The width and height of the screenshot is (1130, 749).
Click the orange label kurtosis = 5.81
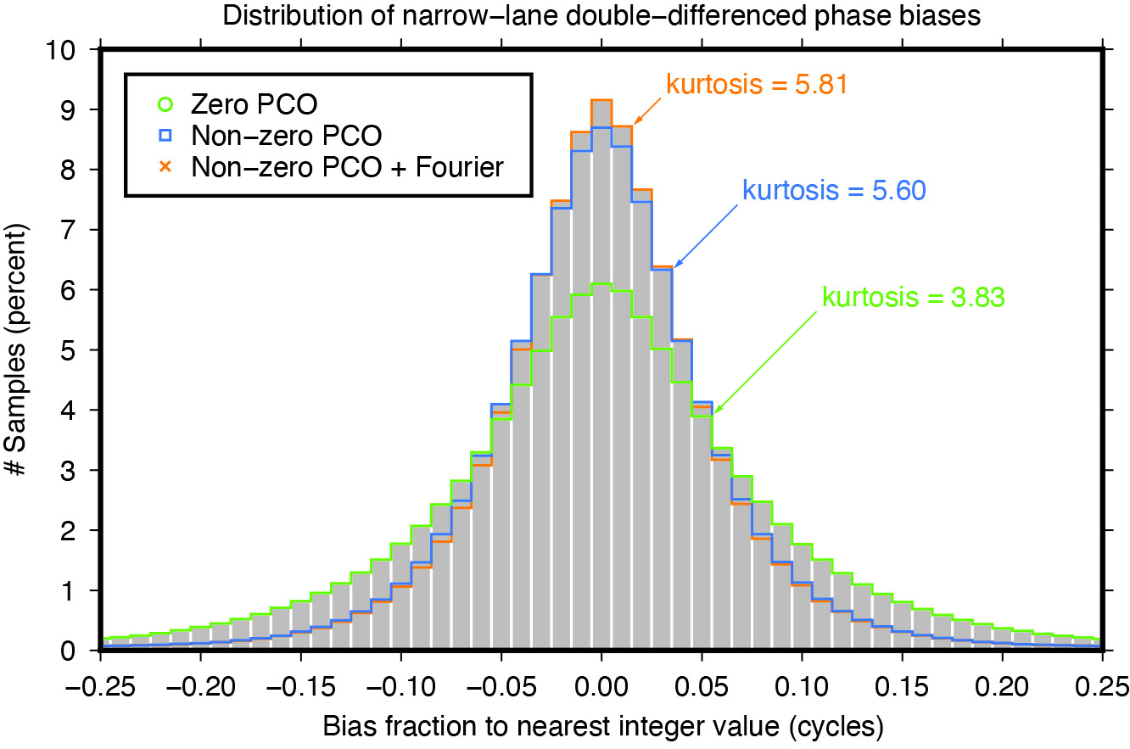pos(757,86)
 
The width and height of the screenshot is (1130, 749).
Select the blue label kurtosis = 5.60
pos(833,190)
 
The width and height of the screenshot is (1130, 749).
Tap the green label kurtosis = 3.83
pos(915,298)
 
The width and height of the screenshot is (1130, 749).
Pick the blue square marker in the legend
pos(165,136)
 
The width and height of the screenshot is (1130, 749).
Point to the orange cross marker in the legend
pos(165,167)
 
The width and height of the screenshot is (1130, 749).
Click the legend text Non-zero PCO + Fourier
pos(348,167)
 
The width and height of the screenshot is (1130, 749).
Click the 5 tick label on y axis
pos(81,350)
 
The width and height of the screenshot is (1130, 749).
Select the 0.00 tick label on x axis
pos(601,685)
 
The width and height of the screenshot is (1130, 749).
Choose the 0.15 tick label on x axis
pos(901,685)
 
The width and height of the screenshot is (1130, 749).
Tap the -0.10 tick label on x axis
pos(400,685)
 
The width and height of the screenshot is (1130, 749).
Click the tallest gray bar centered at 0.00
pos(601,382)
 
